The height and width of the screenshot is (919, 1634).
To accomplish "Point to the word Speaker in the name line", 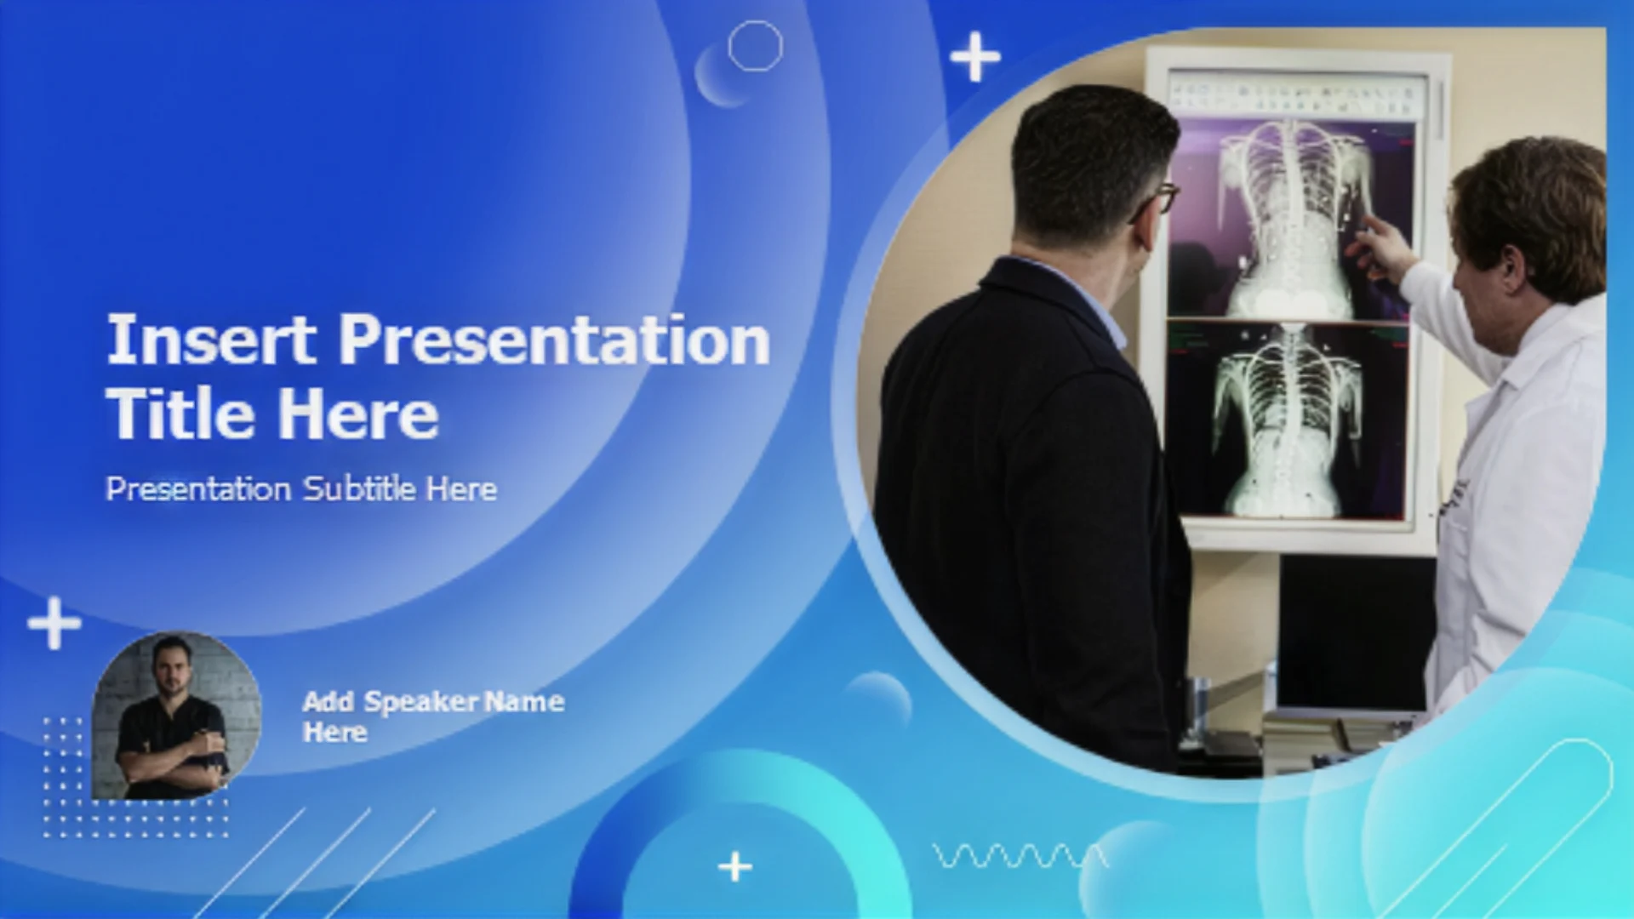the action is [x=421, y=703].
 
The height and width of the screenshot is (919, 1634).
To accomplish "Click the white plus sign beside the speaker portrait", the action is [x=54, y=623].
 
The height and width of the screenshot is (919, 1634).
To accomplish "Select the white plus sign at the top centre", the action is [x=975, y=57].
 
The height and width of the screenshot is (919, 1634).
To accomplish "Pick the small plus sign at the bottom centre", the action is [x=735, y=867].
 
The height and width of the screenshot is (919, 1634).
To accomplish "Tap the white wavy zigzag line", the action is [x=1020, y=855].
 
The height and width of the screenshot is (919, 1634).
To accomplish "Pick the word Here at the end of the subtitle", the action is [x=461, y=488].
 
